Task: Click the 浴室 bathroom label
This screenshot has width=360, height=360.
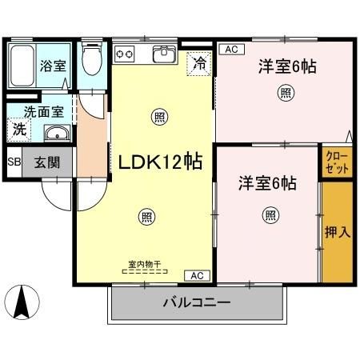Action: point(54,66)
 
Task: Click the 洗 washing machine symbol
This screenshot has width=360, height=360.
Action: point(18,128)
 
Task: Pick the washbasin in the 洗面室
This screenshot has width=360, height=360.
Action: point(56,133)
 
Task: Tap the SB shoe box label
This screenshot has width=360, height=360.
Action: point(13,162)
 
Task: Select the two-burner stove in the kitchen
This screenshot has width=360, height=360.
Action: point(126,54)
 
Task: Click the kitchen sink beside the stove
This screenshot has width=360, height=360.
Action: point(165,56)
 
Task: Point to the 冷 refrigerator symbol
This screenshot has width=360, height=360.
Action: point(197,62)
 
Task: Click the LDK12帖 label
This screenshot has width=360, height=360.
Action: point(159,162)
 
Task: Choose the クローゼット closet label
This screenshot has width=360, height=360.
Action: point(337,162)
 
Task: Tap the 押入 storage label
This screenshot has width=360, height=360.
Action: point(337,232)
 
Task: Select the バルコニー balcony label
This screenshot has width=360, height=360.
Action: point(197,303)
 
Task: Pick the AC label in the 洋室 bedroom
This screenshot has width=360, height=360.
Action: point(231,50)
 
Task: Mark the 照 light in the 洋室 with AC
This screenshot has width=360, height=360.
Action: point(286,94)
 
